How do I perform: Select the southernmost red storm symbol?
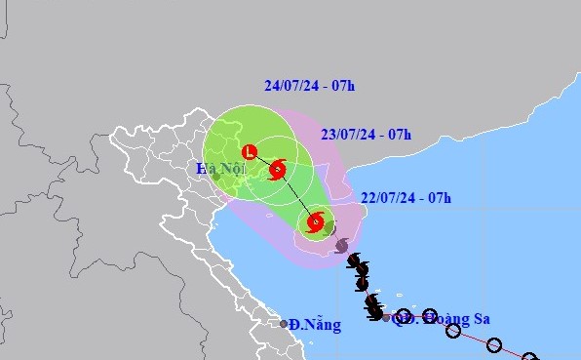point(315,223)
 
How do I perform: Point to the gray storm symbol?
point(341,246)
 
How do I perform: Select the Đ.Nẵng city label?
point(317,324)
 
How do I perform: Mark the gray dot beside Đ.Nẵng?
point(285,324)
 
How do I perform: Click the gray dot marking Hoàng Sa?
point(386,318)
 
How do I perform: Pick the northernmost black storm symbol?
point(354,260)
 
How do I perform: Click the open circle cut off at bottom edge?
point(530,357)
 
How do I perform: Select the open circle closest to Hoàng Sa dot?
point(403,315)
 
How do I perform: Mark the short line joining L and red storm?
point(263,161)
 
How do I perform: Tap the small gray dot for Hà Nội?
point(216,177)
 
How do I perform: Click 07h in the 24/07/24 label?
point(341,85)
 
